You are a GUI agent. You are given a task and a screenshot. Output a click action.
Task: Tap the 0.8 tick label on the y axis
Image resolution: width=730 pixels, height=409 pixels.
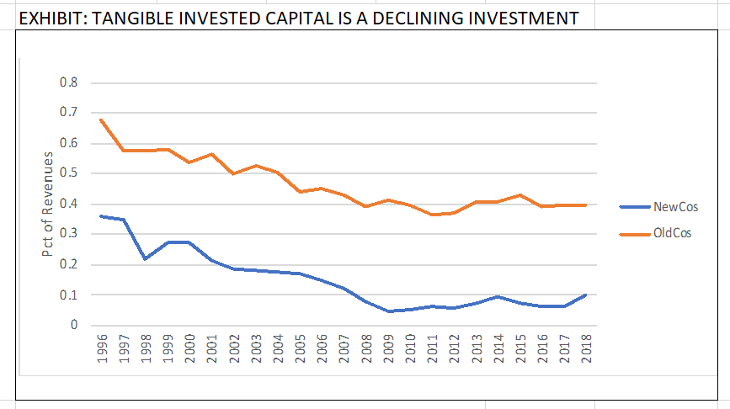click(x=69, y=82)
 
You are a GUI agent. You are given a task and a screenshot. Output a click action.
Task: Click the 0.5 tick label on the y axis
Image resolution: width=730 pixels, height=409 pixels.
click(x=69, y=173)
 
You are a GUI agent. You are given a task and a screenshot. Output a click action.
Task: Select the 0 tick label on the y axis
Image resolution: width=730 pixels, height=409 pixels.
click(x=73, y=326)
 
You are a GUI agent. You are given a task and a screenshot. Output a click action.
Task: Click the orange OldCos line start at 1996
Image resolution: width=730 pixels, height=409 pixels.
click(x=101, y=120)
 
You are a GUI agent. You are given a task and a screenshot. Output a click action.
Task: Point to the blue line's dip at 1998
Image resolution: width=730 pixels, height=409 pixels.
click(x=146, y=258)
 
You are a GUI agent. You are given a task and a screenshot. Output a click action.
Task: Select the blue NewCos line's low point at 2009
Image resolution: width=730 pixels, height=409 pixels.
click(x=387, y=311)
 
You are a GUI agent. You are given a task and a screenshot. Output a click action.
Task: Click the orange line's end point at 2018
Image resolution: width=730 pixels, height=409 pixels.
click(x=585, y=204)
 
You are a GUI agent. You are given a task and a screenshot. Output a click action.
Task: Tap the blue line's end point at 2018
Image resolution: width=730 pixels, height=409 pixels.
click(x=585, y=295)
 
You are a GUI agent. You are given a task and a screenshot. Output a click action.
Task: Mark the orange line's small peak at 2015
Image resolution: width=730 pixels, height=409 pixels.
click(x=520, y=195)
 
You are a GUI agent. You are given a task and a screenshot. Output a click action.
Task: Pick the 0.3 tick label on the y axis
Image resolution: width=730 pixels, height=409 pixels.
click(x=69, y=234)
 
